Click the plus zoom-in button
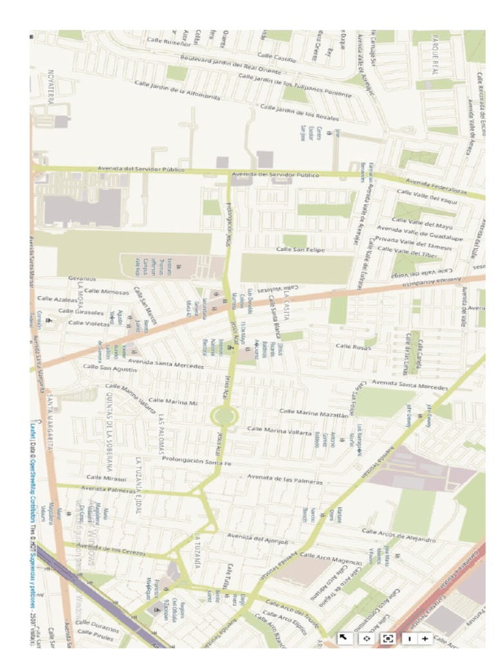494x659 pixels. pos(425,638)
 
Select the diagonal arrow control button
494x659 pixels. pos(344,638)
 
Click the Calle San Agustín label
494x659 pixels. pos(110,368)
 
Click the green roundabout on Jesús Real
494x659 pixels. pos(223,415)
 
